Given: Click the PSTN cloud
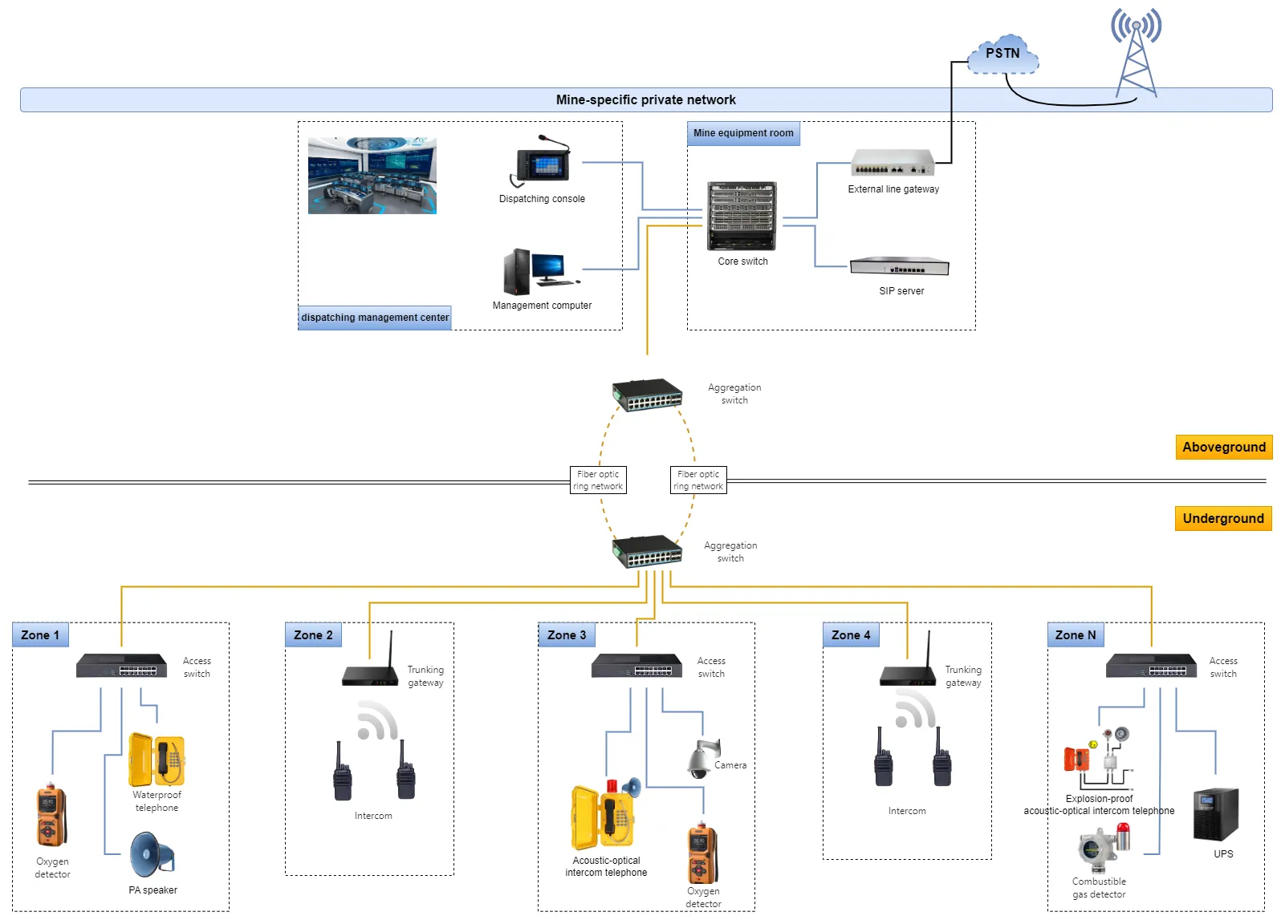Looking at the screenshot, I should [x=1002, y=54].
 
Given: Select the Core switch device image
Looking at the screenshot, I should [x=742, y=216].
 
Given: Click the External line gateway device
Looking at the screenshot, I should [x=893, y=163].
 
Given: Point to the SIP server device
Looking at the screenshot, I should [x=900, y=266].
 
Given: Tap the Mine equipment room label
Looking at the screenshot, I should [x=743, y=133].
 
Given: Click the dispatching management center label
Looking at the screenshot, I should [x=375, y=318].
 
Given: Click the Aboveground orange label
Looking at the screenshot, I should [x=1223, y=448].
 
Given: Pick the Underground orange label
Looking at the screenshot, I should [x=1222, y=519].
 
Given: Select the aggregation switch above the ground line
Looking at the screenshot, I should [x=647, y=395].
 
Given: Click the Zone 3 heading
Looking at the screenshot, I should [x=567, y=635].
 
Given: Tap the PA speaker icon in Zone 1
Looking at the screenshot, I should [x=151, y=855].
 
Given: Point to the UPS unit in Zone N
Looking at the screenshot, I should [x=1215, y=814].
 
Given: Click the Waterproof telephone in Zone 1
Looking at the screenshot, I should [x=157, y=760].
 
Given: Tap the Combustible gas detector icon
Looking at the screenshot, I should [x=1104, y=849].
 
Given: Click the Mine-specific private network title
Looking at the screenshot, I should [x=645, y=100].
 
